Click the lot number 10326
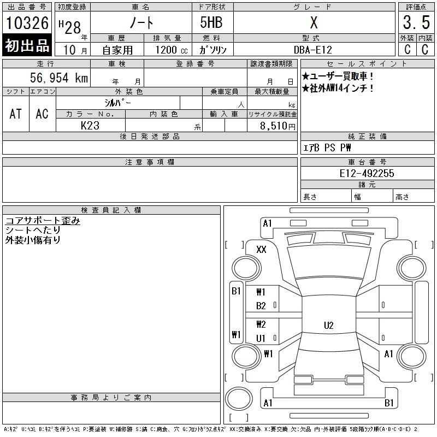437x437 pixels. [x=27, y=23]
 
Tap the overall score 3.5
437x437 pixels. [x=416, y=22]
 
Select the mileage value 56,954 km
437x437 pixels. [x=59, y=78]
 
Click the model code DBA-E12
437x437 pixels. [x=313, y=50]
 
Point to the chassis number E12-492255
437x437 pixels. [x=367, y=173]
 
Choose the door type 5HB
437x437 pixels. [x=211, y=22]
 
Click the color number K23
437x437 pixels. [x=90, y=126]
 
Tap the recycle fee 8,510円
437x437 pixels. [x=277, y=126]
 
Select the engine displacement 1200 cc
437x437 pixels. [x=172, y=50]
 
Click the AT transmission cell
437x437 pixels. [x=16, y=114]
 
